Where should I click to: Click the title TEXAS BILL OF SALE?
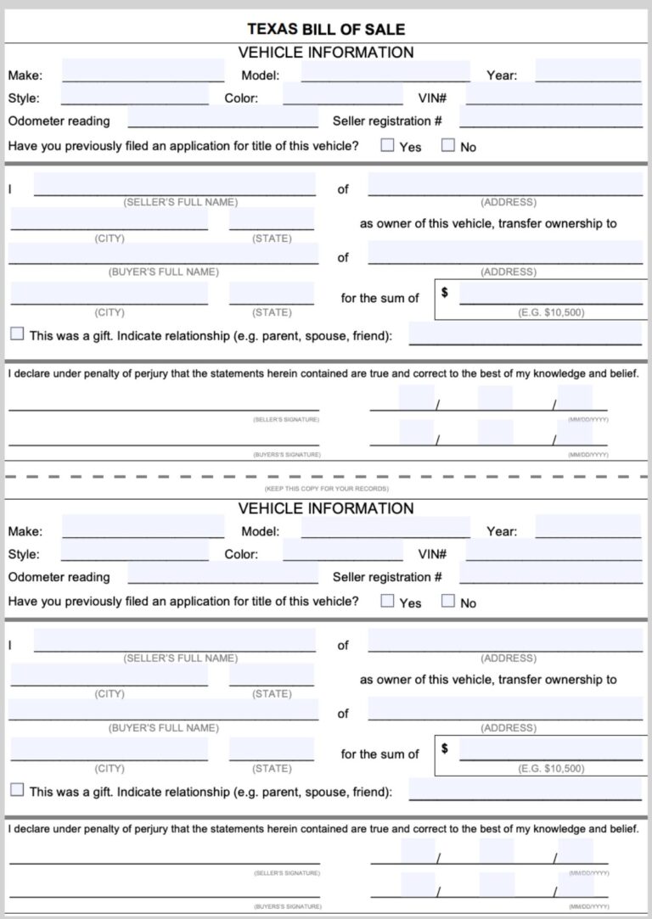click(x=326, y=29)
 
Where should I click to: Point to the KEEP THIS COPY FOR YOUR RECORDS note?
click(x=326, y=489)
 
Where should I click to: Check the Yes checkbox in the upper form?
click(x=387, y=145)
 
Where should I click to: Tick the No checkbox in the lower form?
click(x=448, y=602)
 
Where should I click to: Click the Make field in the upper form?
click(x=143, y=71)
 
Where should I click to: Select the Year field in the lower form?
click(x=587, y=528)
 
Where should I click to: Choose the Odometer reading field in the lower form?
click(x=222, y=574)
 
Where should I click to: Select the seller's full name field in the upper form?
click(x=174, y=185)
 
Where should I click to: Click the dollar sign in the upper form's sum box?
click(x=445, y=293)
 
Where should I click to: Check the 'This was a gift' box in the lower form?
click(x=17, y=790)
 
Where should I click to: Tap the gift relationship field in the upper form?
click(x=525, y=333)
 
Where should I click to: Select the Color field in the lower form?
click(x=342, y=551)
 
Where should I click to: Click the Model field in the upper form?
click(x=385, y=71)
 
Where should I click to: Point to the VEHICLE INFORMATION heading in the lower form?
click(x=326, y=508)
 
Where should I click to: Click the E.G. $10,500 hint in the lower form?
click(x=551, y=769)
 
